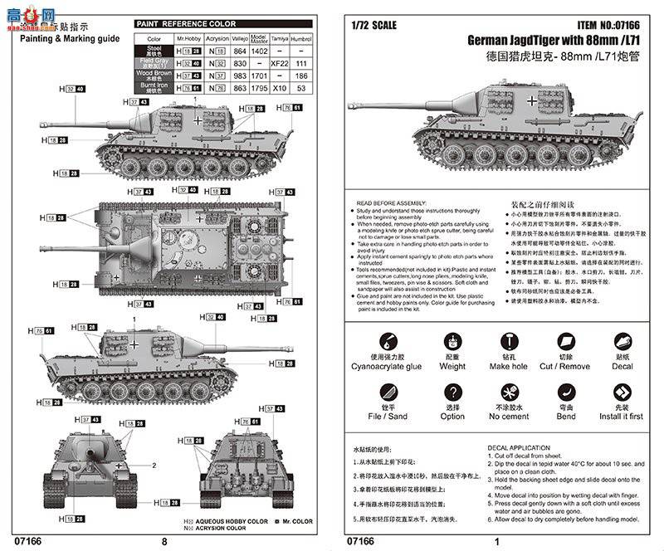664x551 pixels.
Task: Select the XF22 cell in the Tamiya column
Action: click(281, 63)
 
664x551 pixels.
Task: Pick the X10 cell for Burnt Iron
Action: click(281, 88)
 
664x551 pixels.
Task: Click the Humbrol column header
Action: click(303, 39)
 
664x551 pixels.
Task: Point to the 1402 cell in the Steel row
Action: click(259, 51)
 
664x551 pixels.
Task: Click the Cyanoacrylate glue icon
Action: click(386, 341)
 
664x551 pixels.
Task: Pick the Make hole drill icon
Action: click(508, 341)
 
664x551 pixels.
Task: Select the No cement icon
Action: click(508, 393)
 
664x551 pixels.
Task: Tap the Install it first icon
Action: click(622, 393)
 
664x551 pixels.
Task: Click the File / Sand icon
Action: click(386, 393)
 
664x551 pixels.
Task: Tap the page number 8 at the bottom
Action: click(164, 541)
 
